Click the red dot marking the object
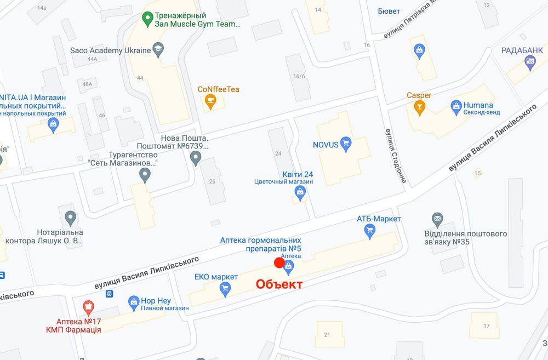tap(279, 263)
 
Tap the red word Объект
tap(279, 284)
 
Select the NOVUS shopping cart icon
tap(345, 145)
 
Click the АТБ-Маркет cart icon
tap(370, 231)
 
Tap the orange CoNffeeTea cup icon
tap(209, 101)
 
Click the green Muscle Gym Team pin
tap(147, 19)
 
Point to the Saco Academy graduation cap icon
tap(158, 50)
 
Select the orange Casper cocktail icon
tap(420, 107)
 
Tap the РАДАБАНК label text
tap(521, 50)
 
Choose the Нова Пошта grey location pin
tap(196, 158)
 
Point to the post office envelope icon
tap(437, 220)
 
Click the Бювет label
tap(389, 11)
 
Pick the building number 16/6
tap(299, 76)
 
